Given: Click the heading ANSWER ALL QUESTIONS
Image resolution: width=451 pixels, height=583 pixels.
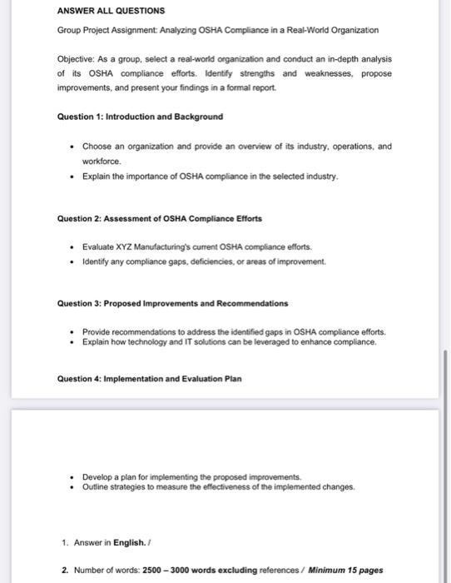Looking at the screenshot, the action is (x=110, y=11).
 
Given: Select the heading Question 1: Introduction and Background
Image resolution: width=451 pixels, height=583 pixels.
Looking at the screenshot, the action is (x=127, y=117).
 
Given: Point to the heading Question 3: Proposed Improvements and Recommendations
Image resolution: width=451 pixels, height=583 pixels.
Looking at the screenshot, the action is (x=172, y=303).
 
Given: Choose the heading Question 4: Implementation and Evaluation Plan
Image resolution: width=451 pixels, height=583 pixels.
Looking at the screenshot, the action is (x=149, y=379).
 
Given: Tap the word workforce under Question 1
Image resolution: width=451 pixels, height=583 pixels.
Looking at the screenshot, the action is (x=101, y=162).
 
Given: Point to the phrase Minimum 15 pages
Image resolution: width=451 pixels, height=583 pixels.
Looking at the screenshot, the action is (x=345, y=571).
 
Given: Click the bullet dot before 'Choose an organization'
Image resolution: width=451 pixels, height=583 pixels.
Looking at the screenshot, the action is (x=73, y=147).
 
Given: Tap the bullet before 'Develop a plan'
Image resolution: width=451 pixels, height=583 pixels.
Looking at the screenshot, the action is (x=73, y=477).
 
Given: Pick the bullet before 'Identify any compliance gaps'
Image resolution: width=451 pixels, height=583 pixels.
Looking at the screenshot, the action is (x=73, y=262).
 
